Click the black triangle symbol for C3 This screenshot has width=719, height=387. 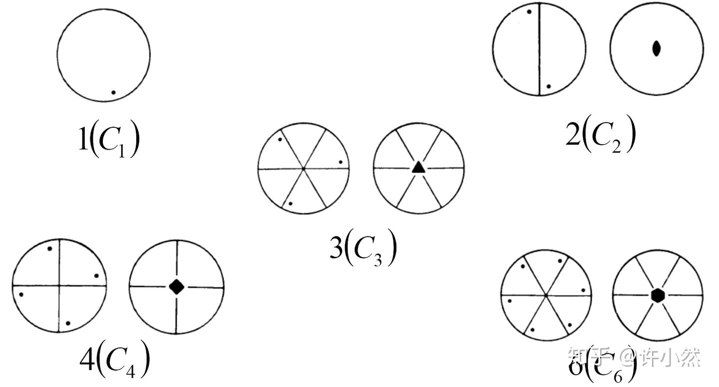pos(418,168)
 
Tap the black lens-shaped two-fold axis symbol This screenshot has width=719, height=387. pos(657,48)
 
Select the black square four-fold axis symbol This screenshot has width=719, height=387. pos(176,286)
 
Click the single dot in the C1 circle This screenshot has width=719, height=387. pos(113,92)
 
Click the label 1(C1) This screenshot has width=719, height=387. pos(109,140)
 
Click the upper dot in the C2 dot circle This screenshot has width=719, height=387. pos(529,11)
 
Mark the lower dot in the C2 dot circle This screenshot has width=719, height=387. pos(548,86)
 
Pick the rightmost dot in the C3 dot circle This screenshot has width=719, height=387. pos(341,162)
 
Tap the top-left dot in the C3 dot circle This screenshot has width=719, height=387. pos(280,139)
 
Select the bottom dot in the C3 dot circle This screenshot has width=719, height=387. pos(290,203)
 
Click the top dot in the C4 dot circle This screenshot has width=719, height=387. pos(49,248)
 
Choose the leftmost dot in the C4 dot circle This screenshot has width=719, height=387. pos(21,294)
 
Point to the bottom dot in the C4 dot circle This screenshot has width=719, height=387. pos(68,323)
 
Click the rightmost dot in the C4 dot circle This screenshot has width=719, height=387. pos(96,276)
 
